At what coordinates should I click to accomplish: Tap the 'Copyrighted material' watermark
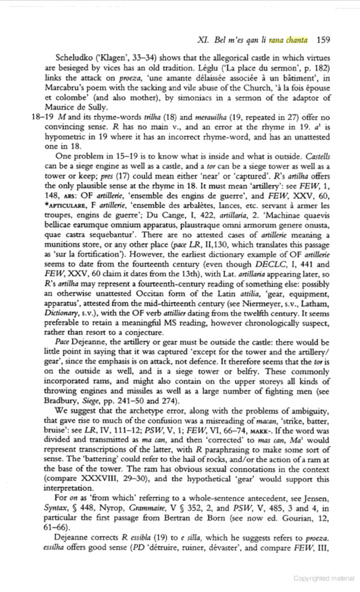click(324, 578)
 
